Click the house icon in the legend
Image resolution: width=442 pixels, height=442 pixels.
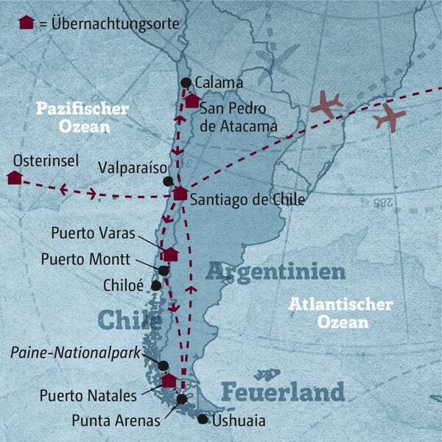click(26, 22)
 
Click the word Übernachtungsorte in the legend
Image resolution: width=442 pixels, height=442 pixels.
click(111, 23)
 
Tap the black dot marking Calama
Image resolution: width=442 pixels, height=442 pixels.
click(186, 83)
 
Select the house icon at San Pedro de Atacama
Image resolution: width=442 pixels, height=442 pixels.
click(192, 102)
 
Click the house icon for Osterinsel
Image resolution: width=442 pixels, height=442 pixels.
click(13, 178)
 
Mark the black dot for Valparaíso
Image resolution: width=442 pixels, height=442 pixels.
click(169, 181)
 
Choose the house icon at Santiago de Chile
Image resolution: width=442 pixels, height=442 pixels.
click(180, 194)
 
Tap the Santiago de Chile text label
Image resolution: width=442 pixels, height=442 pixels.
click(247, 198)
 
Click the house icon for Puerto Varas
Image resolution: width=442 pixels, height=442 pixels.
click(171, 254)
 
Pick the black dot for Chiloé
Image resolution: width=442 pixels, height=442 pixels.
click(156, 285)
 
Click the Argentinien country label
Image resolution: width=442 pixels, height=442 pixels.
click(276, 272)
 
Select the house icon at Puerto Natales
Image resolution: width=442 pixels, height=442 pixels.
click(169, 381)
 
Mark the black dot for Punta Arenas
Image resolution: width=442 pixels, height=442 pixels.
click(182, 399)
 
